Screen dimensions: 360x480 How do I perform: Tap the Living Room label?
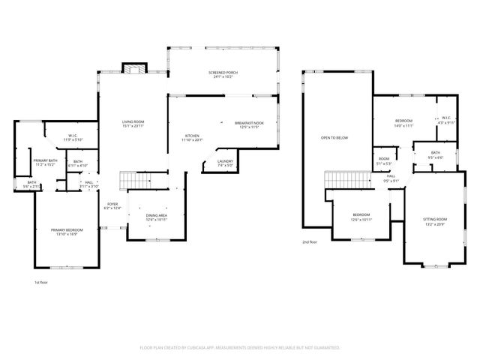pos(133,124)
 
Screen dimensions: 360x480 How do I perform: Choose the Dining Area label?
pos(157,217)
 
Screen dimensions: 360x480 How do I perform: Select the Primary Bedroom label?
pos(66,231)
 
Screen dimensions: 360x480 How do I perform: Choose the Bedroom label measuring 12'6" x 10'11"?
pos(362,217)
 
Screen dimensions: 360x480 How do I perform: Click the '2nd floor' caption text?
pos(310,242)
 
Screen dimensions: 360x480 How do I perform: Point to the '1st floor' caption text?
pos(42,283)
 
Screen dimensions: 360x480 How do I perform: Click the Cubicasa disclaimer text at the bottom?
pos(240,348)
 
